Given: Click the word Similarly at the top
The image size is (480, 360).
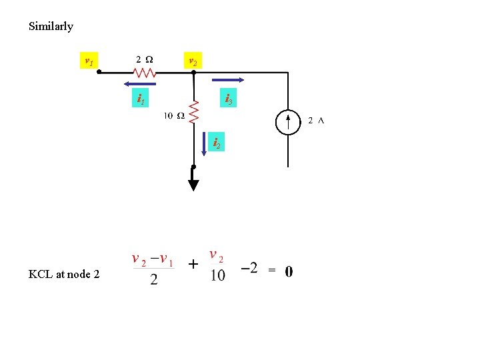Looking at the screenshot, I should click(x=51, y=27).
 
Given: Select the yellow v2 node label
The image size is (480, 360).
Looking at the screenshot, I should click(x=192, y=61).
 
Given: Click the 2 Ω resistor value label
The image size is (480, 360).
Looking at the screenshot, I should click(x=143, y=58).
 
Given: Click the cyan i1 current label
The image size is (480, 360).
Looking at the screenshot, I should click(x=142, y=99).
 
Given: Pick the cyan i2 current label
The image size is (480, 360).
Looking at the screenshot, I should click(x=216, y=142).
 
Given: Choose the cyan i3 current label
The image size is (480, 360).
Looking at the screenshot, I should click(x=228, y=99).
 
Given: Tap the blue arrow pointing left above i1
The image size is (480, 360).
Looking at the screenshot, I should click(x=139, y=84).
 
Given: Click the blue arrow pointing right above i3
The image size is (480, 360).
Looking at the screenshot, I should click(x=230, y=81).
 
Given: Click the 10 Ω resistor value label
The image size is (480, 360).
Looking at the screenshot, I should click(x=175, y=116).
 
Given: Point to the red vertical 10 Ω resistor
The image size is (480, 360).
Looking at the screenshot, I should click(x=193, y=111).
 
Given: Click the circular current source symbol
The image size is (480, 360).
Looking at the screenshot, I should click(x=288, y=122).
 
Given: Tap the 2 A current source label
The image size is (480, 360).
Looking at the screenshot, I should click(x=316, y=121).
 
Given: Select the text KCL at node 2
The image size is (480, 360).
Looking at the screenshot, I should click(x=64, y=273).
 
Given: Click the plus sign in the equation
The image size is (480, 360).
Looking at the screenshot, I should click(x=193, y=265).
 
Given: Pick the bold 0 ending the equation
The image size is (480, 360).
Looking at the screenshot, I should click(x=288, y=271).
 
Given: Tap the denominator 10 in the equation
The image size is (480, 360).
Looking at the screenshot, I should click(x=218, y=275).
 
